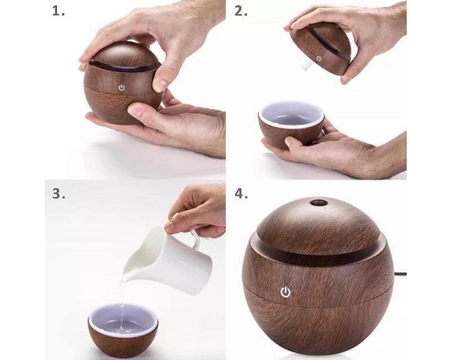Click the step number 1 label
(59, 11)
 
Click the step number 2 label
(241, 11)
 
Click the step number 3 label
(59, 193)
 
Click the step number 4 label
(241, 193)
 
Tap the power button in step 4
(286, 292)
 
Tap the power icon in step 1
(122, 88)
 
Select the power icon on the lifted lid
(319, 59)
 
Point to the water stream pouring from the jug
(123, 306)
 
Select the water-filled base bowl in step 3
(123, 328)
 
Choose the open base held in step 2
(291, 125)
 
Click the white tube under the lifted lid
(305, 65)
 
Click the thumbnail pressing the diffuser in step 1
(159, 84)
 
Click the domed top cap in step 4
(318, 225)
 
